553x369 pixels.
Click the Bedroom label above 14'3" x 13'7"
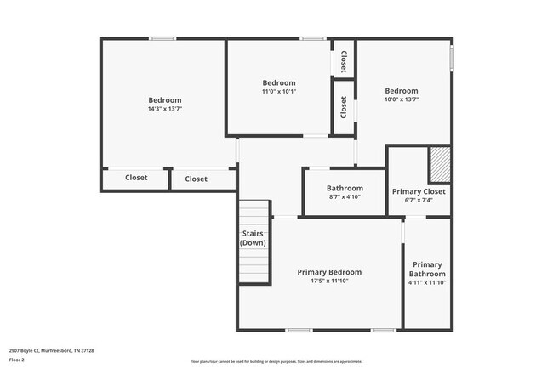(x=164, y=100)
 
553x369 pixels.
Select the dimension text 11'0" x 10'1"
(x=278, y=91)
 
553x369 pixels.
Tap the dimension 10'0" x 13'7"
(x=401, y=99)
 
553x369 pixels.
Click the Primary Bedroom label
(x=329, y=272)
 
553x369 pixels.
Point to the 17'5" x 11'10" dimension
(x=329, y=281)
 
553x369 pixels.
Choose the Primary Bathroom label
(x=427, y=269)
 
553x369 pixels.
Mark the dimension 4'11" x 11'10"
(x=427, y=284)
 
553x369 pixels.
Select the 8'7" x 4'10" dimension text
(x=345, y=197)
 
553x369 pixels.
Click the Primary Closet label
(x=419, y=191)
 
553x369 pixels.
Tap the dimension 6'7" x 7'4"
(x=419, y=202)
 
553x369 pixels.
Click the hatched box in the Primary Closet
(x=438, y=165)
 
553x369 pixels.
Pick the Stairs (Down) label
(x=253, y=238)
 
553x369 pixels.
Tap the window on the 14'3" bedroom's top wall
(x=162, y=38)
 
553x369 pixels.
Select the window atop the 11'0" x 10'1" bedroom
(x=312, y=38)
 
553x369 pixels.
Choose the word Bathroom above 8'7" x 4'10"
(x=345, y=188)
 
